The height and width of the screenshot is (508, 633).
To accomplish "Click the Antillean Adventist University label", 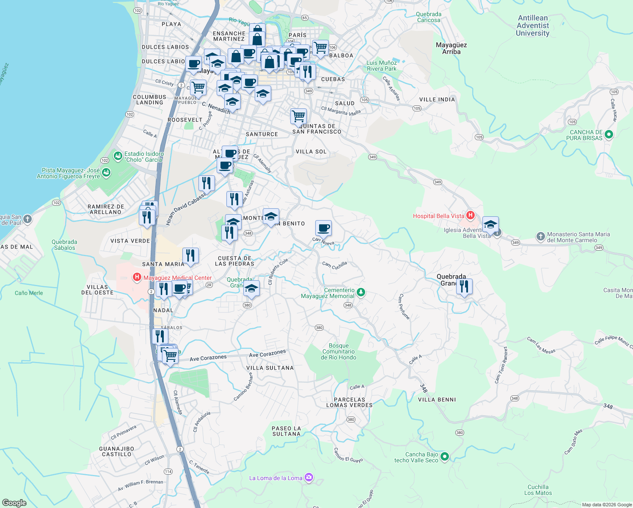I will [x=532, y=25].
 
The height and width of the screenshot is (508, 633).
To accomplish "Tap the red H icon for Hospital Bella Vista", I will [x=470, y=215].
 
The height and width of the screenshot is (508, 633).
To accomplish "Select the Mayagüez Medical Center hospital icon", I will [x=137, y=278].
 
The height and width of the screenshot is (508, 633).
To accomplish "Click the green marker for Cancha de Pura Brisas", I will [x=609, y=135].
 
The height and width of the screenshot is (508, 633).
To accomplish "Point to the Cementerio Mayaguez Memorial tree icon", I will [x=361, y=293].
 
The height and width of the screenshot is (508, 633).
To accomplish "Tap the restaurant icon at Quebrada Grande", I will [x=464, y=287].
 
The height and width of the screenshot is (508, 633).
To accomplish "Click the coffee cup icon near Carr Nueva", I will [x=323, y=228].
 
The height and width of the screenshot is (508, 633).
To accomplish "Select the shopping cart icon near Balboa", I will [x=320, y=47].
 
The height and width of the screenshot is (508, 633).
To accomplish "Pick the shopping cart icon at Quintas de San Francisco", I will [x=298, y=116].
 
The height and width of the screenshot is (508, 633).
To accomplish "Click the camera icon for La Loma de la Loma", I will [x=309, y=478].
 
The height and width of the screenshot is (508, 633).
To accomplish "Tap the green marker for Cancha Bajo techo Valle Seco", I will [x=444, y=457].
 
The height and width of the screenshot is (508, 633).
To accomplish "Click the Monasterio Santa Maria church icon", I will [x=540, y=237].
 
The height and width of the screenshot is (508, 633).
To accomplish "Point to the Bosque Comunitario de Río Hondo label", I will [x=339, y=351].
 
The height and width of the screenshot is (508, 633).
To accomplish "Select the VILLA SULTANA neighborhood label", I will [x=270, y=368].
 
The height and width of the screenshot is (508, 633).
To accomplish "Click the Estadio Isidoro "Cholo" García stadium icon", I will [x=118, y=157].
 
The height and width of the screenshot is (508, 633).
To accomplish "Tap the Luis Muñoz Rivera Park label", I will [x=382, y=66].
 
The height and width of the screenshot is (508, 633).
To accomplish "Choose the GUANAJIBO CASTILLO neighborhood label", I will [x=116, y=451].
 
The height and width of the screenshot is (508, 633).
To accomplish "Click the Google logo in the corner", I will [x=14, y=502].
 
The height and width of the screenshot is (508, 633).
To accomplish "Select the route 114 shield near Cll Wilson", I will [x=168, y=472].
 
